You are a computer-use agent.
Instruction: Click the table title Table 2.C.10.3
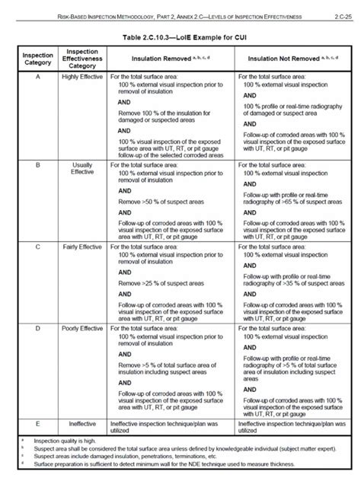pos(180,36)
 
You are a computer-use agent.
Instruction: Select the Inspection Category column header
pos(37,60)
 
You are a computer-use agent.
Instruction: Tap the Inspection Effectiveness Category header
pos(81,60)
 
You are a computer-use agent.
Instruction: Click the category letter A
pos(37,78)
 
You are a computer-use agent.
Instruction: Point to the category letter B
pos(37,164)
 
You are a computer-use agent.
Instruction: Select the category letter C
pos(37,249)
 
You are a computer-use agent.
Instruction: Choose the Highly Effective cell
pos(81,78)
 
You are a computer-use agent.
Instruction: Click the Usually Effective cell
pos(81,167)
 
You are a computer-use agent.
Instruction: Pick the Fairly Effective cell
pos(81,249)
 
